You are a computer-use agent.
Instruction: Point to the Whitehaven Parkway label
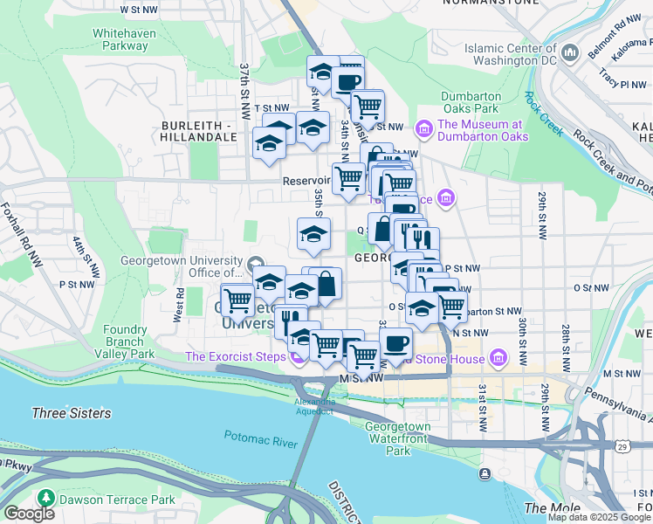tap(120, 39)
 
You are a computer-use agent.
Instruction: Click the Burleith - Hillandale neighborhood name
tap(199, 131)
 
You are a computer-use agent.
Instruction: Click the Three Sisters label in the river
tap(71, 413)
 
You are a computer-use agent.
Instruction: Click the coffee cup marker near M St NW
tap(395, 344)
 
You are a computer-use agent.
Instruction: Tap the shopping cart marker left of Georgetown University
tap(237, 301)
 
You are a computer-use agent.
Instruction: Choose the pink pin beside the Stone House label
tap(498, 356)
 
